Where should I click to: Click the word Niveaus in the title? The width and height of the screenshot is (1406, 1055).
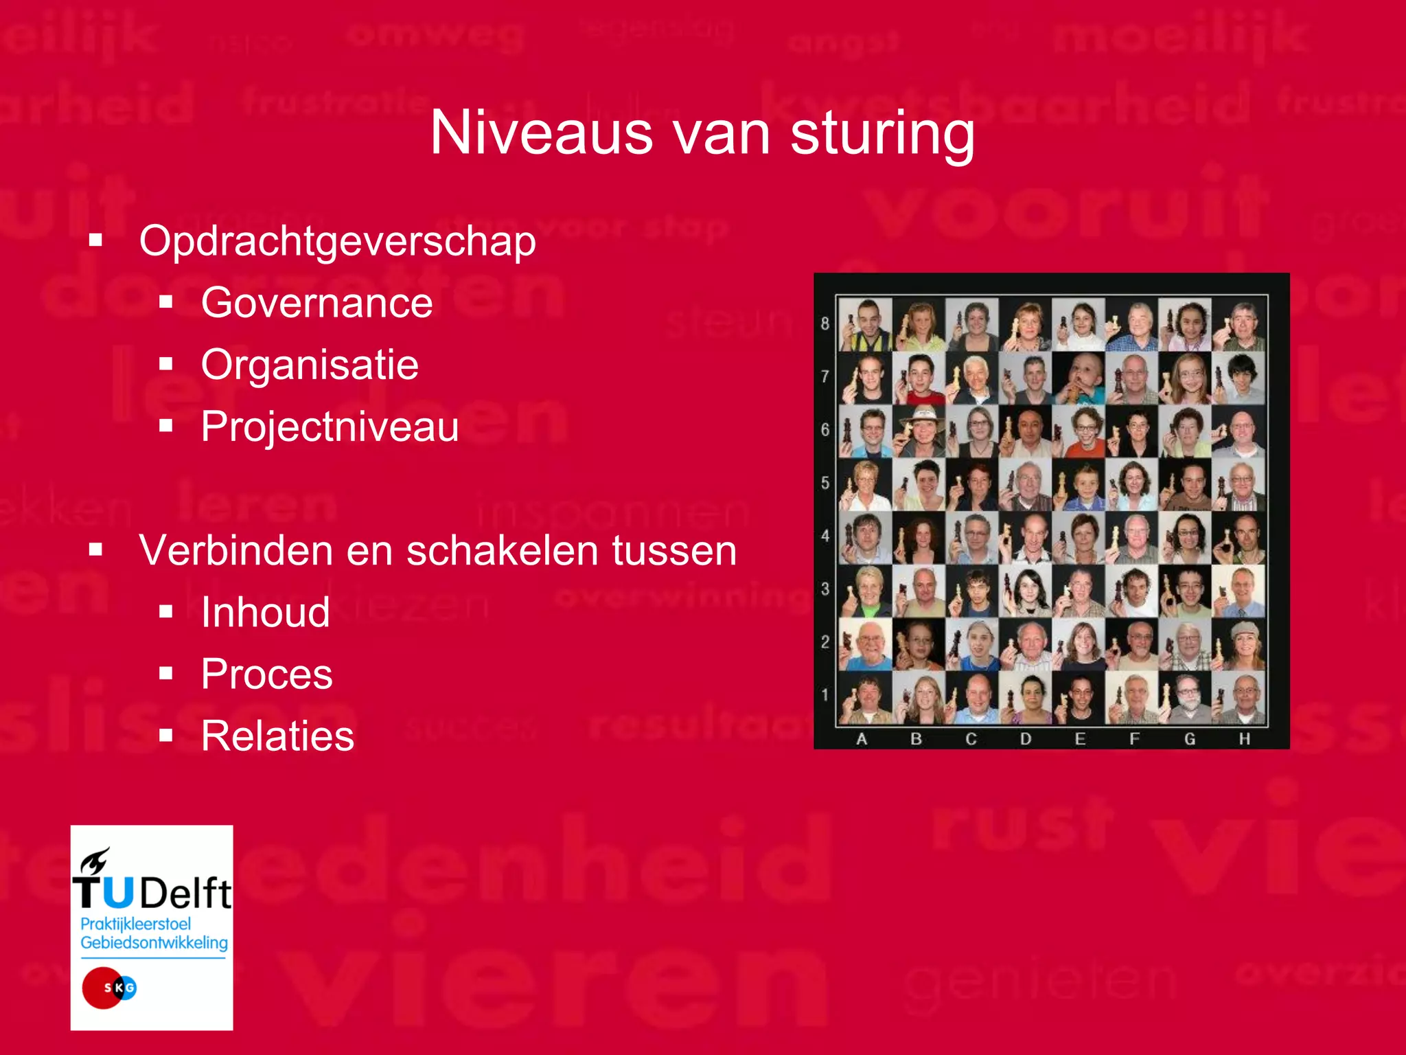(541, 133)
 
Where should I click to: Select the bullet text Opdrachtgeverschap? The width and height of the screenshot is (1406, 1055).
(337, 242)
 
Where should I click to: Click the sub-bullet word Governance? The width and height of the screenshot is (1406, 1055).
(316, 303)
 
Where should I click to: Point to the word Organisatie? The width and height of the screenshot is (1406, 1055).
(310, 365)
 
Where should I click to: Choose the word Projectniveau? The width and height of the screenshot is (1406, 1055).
(330, 427)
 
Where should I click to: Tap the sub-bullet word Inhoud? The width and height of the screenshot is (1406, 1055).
(265, 612)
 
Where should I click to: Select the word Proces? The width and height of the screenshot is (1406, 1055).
(266, 674)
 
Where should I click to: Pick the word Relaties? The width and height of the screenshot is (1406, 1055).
(277, 736)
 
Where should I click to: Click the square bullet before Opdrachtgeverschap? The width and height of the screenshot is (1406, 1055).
(95, 240)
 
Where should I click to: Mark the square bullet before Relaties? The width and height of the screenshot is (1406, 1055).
(165, 736)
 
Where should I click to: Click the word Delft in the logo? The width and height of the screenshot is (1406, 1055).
(185, 893)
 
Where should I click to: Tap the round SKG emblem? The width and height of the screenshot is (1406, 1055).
(108, 988)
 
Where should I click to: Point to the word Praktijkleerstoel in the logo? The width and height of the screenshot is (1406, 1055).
(135, 924)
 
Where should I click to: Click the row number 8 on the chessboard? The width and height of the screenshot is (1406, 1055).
(825, 324)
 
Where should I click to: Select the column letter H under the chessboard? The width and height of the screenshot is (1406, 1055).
(1244, 739)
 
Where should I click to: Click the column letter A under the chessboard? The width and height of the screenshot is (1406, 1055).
(862, 739)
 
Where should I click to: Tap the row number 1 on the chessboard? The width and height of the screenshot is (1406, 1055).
(825, 695)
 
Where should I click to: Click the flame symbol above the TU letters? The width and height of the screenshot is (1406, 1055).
(95, 861)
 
